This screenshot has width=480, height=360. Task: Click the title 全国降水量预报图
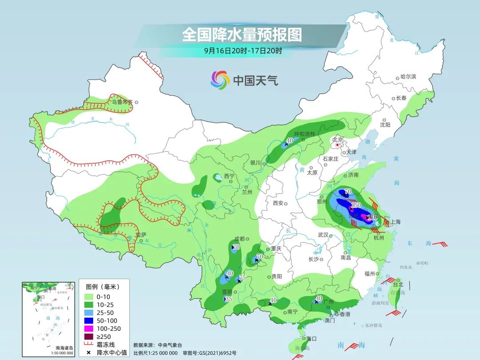tap(242, 34)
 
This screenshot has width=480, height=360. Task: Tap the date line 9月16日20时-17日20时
tap(243, 51)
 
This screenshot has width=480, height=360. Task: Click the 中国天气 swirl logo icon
tap(220, 80)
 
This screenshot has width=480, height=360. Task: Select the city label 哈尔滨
tap(408, 76)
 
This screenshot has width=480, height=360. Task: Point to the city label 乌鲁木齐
tap(122, 102)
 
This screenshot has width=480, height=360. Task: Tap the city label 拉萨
tap(140, 234)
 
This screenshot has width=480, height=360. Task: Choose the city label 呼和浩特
tap(304, 134)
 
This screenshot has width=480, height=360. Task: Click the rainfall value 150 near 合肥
tap(356, 205)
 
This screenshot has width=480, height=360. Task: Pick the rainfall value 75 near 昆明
tap(242, 278)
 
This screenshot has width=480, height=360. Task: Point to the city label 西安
tap(278, 203)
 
